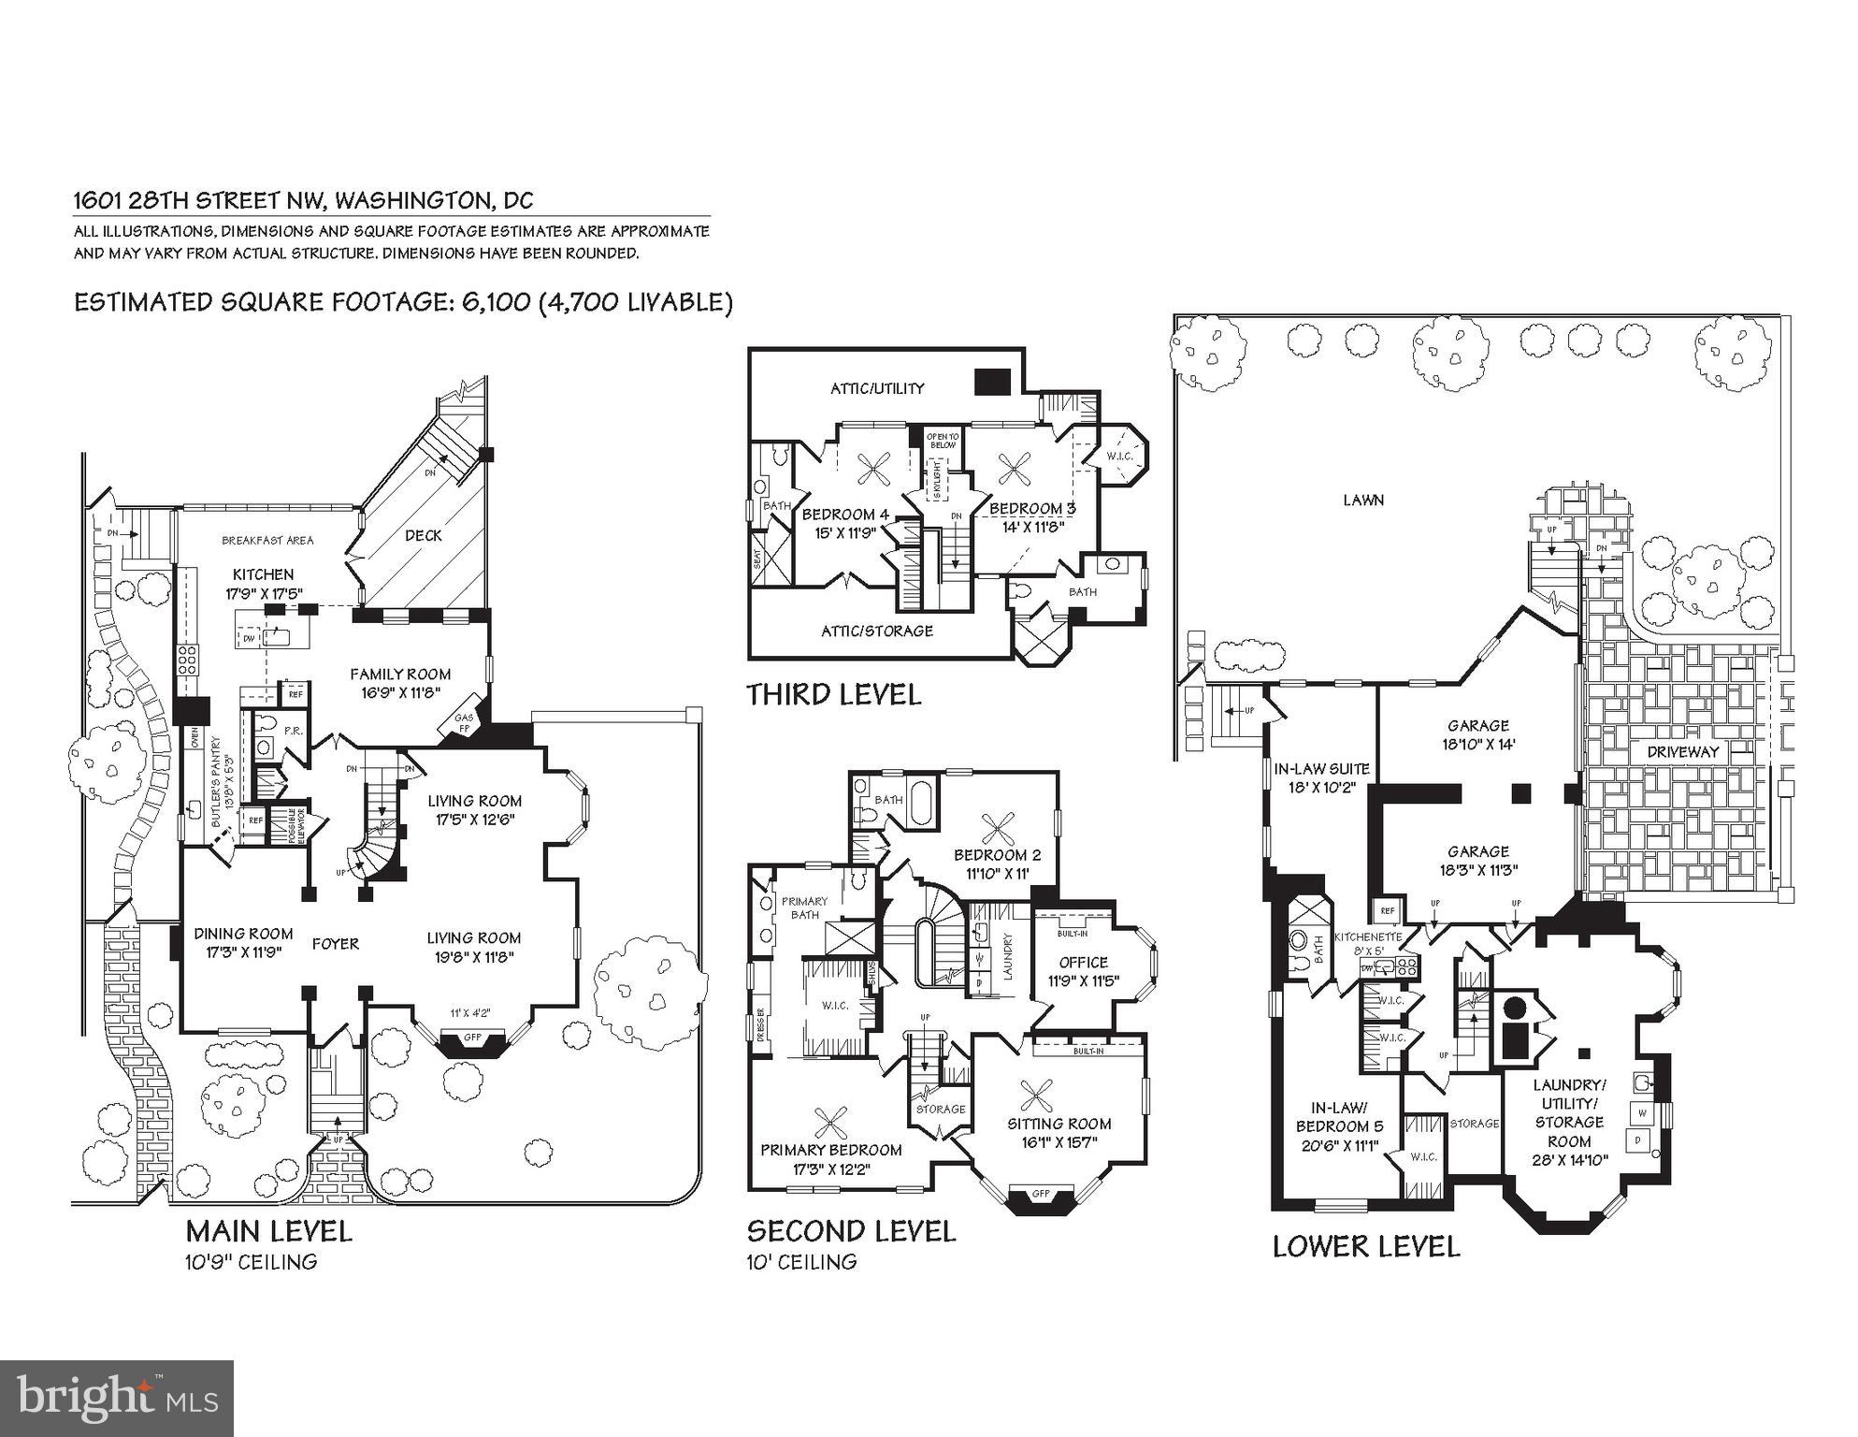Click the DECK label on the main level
point(424,535)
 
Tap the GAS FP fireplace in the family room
point(465,721)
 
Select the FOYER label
point(336,944)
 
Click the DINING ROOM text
point(243,934)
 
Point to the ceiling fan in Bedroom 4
point(876,468)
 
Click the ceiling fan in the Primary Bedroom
point(828,1123)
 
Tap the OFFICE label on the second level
point(1083,962)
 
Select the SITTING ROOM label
point(1059,1124)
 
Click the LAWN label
point(1363,501)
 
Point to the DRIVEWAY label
point(1682,751)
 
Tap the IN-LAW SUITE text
point(1322,769)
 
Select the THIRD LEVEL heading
point(833,694)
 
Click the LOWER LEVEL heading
point(1365,1246)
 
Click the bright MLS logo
point(117,1399)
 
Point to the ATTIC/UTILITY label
point(877,388)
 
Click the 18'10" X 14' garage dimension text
point(1477,745)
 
